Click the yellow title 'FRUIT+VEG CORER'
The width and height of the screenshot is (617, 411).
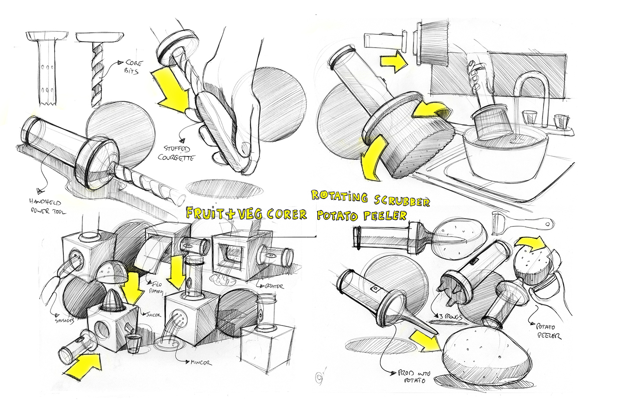(x=246, y=214)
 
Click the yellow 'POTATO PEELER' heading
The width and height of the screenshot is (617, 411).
(x=361, y=216)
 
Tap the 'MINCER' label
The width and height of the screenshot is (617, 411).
(x=201, y=363)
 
